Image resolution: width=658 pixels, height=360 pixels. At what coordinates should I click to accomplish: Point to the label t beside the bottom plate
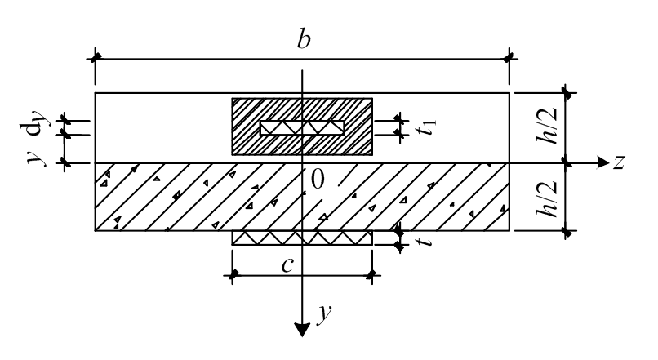click(x=422, y=242)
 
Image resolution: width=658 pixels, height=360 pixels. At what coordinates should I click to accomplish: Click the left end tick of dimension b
click(x=96, y=59)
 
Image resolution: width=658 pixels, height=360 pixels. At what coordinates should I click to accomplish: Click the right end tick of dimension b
click(x=509, y=59)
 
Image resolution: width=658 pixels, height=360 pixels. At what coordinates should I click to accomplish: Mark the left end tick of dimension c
click(x=233, y=275)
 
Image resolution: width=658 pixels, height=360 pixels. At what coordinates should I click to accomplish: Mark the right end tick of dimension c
click(x=372, y=275)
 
